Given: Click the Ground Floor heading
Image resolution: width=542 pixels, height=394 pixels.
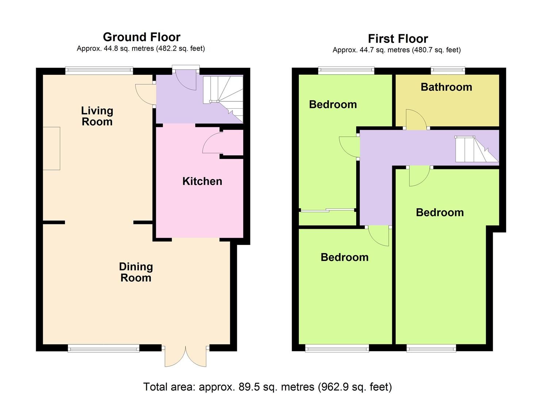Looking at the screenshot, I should [x=142, y=37].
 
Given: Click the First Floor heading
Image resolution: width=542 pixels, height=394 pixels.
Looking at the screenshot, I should [x=398, y=38].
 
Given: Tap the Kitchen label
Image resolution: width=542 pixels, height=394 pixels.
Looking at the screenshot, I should [x=202, y=181].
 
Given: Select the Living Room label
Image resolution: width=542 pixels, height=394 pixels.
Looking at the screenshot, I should [x=97, y=116].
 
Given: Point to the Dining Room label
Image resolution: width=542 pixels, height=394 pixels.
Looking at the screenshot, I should [x=136, y=272].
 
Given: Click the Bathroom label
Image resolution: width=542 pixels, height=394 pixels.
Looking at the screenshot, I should [x=446, y=87].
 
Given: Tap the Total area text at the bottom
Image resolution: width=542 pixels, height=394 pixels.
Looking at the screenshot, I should [x=268, y=387].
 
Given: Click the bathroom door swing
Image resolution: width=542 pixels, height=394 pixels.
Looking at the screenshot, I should [x=415, y=120].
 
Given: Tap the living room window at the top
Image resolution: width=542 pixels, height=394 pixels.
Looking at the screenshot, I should [x=99, y=71].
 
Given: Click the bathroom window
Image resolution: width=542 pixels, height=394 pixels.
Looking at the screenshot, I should [x=448, y=70].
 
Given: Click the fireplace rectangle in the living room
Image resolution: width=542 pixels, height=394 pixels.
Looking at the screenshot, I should [x=51, y=148].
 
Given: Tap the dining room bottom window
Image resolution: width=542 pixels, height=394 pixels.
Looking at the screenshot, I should [x=104, y=348].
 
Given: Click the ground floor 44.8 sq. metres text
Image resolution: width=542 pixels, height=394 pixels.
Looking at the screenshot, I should [x=141, y=49].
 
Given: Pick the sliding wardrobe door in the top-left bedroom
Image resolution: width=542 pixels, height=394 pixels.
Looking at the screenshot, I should [x=327, y=210].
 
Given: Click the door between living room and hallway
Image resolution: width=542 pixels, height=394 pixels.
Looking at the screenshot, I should [x=145, y=95].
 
